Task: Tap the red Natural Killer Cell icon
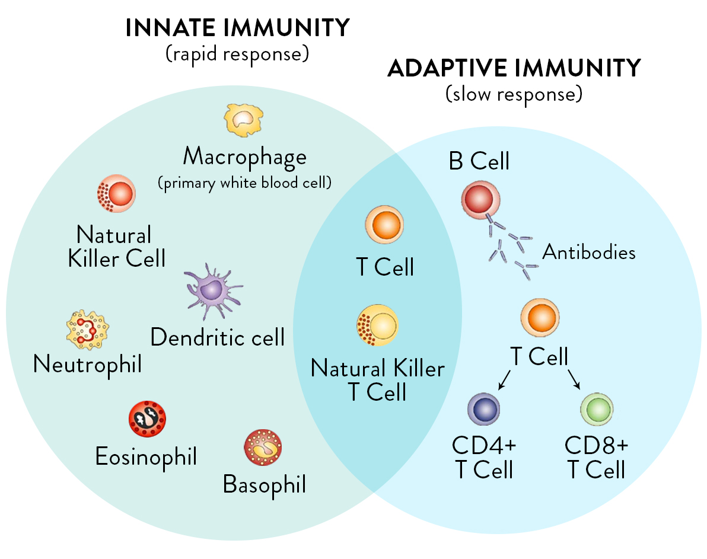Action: click(x=116, y=193)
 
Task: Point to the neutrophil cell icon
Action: click(x=87, y=330)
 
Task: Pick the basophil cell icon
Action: click(x=263, y=448)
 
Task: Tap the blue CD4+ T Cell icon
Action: click(x=484, y=408)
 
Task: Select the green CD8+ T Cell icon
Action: click(x=597, y=408)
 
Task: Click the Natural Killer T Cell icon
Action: click(x=377, y=325)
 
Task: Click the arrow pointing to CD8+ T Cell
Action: click(x=575, y=379)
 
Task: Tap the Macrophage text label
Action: click(x=244, y=157)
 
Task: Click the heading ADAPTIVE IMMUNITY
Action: click(x=514, y=68)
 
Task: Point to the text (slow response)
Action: click(x=514, y=93)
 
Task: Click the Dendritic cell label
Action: click(x=218, y=337)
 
